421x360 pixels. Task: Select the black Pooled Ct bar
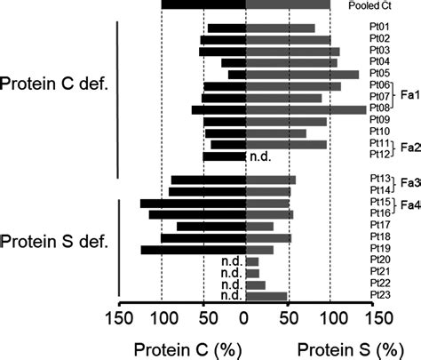pos(203,5)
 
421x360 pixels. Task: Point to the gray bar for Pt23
pos(266,296)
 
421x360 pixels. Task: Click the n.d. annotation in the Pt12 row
pos(260,156)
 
